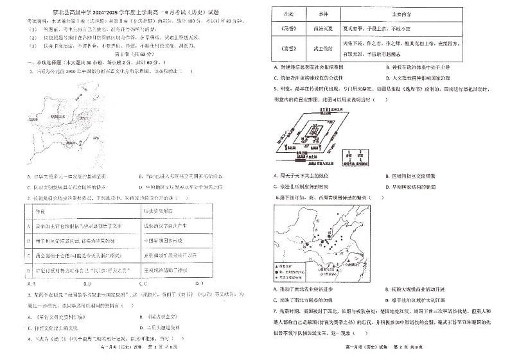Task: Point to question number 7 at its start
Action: tap(275, 309)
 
